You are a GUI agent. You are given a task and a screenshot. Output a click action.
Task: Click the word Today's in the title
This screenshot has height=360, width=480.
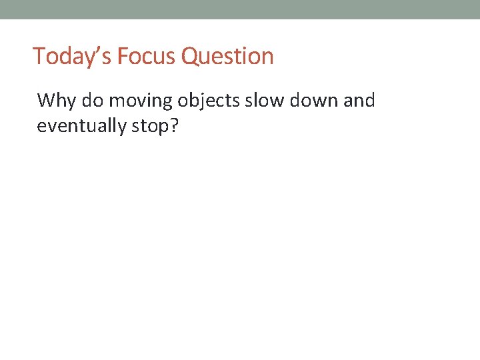[72, 56]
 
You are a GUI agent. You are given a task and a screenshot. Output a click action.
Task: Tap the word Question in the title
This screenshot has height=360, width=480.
[227, 56]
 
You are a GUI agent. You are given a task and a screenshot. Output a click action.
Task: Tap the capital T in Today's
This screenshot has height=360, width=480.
[39, 56]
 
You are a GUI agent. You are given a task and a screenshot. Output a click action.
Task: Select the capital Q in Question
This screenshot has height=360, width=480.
[189, 56]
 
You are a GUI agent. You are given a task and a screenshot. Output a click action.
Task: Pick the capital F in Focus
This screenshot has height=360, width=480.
[122, 56]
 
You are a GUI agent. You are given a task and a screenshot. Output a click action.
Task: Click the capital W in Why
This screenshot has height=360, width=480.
[46, 101]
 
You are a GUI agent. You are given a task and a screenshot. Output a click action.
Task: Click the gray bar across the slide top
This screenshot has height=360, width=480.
[240, 9]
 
